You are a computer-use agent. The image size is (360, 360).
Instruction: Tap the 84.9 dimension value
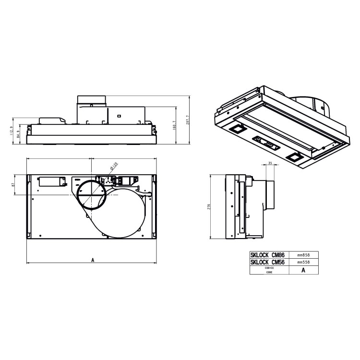(x=19, y=134)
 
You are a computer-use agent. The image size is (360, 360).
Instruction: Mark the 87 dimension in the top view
(x=14, y=184)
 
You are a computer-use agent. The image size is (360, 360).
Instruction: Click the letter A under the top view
(x=92, y=260)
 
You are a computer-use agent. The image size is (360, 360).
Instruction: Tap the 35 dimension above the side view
(x=270, y=164)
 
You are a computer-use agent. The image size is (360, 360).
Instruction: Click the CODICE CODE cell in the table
(x=269, y=270)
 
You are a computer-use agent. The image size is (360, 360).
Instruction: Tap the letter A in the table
(x=303, y=270)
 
